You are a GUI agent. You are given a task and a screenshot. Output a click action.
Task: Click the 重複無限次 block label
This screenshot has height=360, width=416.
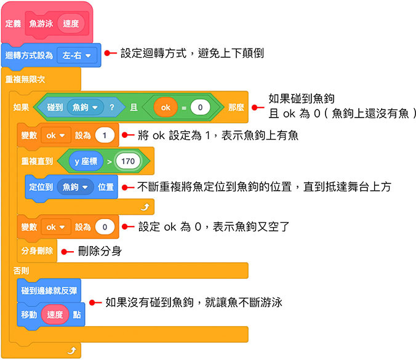pos(25,79)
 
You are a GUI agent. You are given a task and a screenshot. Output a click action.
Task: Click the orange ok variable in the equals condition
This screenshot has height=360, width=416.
pos(166,107)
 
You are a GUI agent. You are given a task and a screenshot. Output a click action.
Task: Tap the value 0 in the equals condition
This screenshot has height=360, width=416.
pos(200,107)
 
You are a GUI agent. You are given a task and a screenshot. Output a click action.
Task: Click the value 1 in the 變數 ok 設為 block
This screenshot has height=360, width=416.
pos(105,135)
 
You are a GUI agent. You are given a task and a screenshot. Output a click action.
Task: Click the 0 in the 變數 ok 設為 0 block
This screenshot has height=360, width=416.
pos(105,227)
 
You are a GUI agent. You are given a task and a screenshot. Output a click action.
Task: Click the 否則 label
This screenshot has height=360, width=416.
pos(22,271)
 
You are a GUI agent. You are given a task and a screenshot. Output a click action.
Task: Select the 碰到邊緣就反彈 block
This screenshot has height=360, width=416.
pos(49,290)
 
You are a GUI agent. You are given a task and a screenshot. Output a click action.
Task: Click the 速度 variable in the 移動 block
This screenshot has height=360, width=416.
pos(55,314)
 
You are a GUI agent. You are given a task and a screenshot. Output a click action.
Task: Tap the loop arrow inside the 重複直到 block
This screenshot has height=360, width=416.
pos(146,207)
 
